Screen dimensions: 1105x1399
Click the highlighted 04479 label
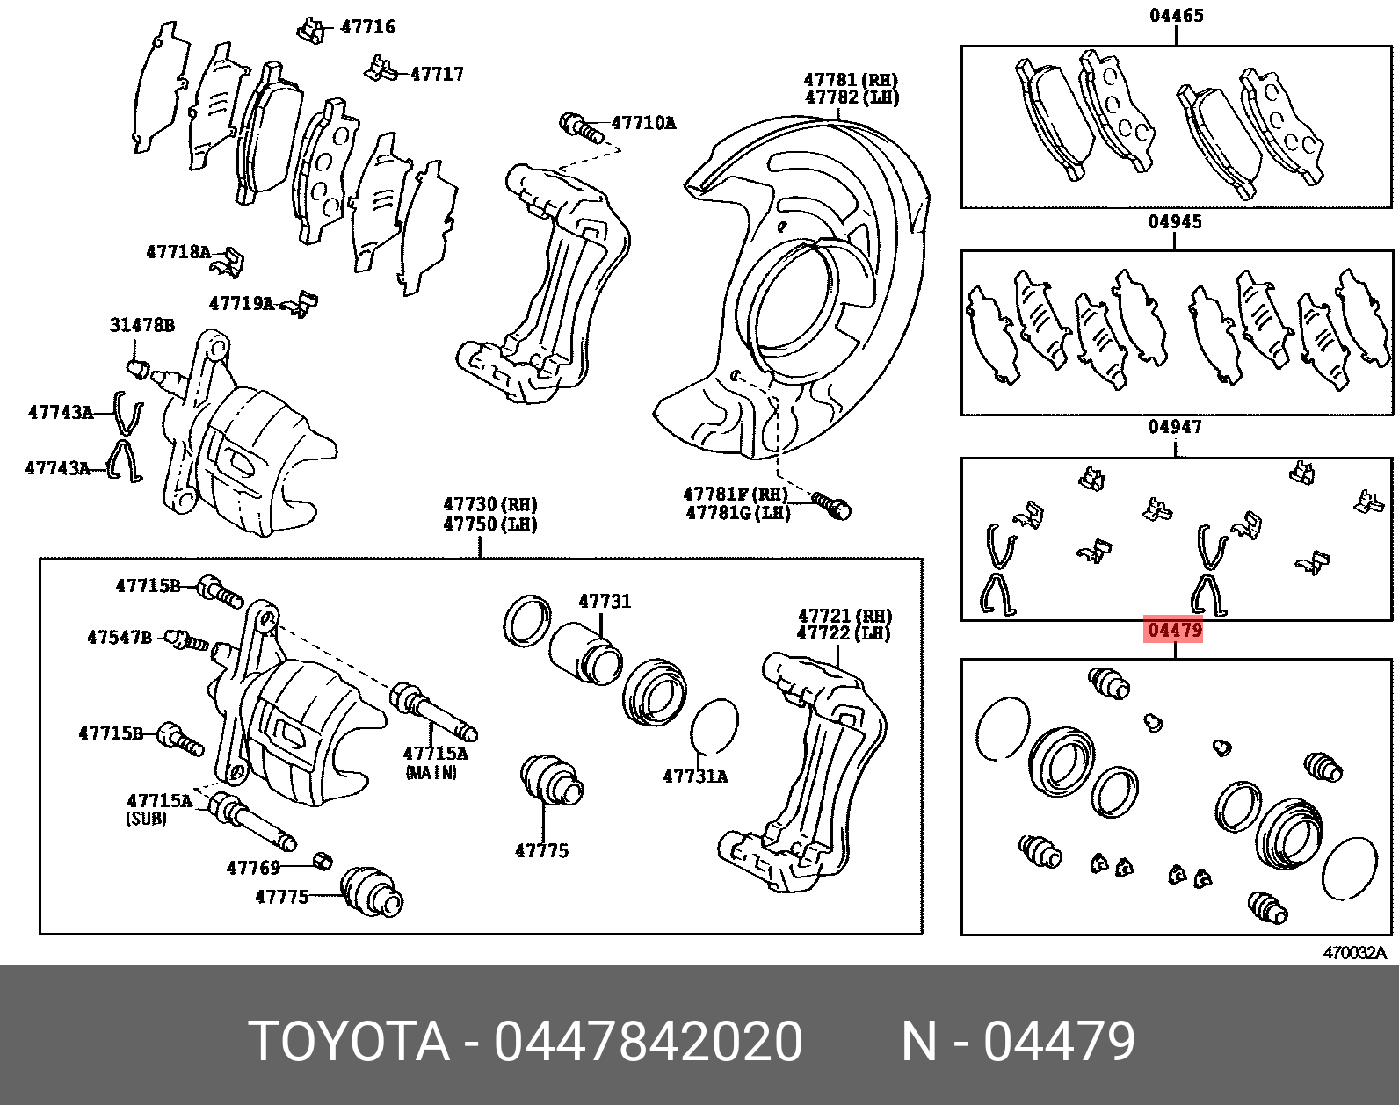pos(1173,631)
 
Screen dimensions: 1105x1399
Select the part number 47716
pos(367,27)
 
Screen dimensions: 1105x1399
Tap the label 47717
pos(437,74)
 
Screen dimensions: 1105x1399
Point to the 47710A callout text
pos(643,123)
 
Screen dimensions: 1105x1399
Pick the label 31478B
pos(141,326)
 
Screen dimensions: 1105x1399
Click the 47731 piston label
pos(604,602)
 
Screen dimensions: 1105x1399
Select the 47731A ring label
pos(695,776)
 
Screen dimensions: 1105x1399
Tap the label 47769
pos(253,868)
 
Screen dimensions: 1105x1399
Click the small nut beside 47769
pos(323,860)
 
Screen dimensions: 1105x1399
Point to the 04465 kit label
pos(1176,16)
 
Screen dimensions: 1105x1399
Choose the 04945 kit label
pos(1175,222)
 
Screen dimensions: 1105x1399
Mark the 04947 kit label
pos(1175,428)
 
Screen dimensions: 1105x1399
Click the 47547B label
pos(119,637)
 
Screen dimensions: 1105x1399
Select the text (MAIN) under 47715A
pos(431,773)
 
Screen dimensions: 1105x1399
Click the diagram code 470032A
pos(1354,953)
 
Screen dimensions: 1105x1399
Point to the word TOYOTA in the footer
pos(349,1043)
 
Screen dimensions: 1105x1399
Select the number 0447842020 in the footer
pos(648,1043)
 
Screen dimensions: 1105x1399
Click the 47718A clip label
pos(178,253)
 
